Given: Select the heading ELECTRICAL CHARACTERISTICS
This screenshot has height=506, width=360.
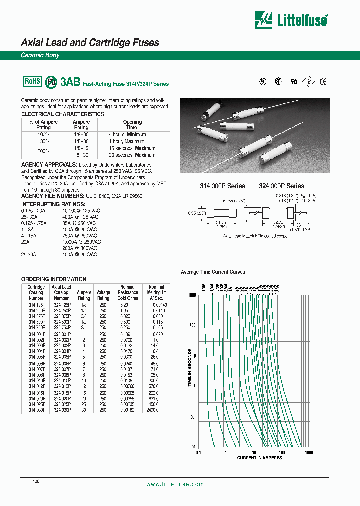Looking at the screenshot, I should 63,114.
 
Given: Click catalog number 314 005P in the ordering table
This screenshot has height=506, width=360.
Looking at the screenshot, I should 36,358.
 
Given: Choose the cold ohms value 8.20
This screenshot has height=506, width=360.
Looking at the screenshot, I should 127,304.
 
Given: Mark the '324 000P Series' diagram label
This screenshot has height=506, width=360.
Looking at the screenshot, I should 281,186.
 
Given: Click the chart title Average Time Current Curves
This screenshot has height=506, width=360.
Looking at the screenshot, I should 213,272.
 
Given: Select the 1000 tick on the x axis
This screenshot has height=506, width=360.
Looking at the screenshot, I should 308,452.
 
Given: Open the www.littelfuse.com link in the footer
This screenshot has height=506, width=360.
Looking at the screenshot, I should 175,484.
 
